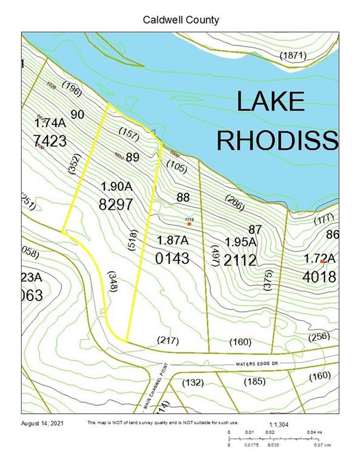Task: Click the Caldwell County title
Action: click(181, 20)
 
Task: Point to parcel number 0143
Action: click(173, 259)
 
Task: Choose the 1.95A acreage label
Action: click(240, 242)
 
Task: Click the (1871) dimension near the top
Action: click(294, 56)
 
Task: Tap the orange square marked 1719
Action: click(189, 224)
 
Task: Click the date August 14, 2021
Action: click(42, 422)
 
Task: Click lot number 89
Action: click(133, 157)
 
